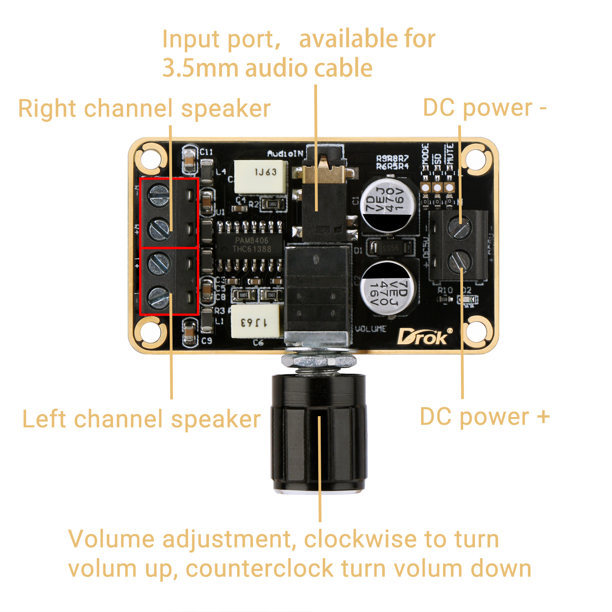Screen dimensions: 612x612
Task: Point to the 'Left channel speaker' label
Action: (x=141, y=419)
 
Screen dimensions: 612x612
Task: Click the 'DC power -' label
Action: (x=484, y=108)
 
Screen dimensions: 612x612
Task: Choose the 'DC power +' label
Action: (x=485, y=417)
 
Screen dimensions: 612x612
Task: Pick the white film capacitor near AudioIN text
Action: (x=261, y=176)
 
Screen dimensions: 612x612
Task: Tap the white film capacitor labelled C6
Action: (x=255, y=322)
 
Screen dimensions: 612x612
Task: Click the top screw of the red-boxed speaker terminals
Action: (x=159, y=195)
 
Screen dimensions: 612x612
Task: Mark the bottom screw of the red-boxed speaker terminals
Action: (x=159, y=297)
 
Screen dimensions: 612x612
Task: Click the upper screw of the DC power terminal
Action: (x=460, y=227)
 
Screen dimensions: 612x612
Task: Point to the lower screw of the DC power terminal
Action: (x=460, y=261)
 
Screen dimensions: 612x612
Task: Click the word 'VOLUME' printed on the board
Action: (x=370, y=329)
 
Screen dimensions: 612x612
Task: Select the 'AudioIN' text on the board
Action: (x=285, y=153)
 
